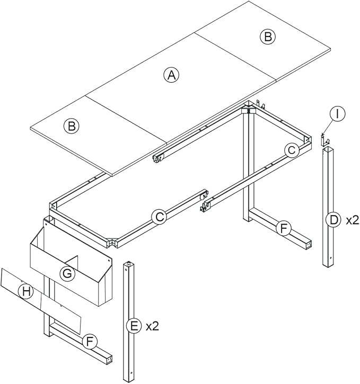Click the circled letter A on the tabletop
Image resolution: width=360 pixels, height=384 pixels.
(x=171, y=75)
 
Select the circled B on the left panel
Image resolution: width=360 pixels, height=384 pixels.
(x=70, y=126)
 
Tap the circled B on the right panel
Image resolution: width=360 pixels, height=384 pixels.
(x=268, y=37)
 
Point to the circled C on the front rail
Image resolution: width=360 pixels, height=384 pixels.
(x=158, y=217)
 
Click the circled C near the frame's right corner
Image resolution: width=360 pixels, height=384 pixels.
(x=290, y=150)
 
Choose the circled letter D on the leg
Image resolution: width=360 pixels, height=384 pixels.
(x=331, y=220)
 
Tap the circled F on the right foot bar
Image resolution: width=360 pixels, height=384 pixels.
(x=284, y=228)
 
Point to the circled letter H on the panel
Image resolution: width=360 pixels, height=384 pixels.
(x=25, y=290)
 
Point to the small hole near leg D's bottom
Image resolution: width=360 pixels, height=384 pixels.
(x=330, y=259)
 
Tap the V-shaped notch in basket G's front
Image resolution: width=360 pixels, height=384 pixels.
(x=76, y=261)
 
